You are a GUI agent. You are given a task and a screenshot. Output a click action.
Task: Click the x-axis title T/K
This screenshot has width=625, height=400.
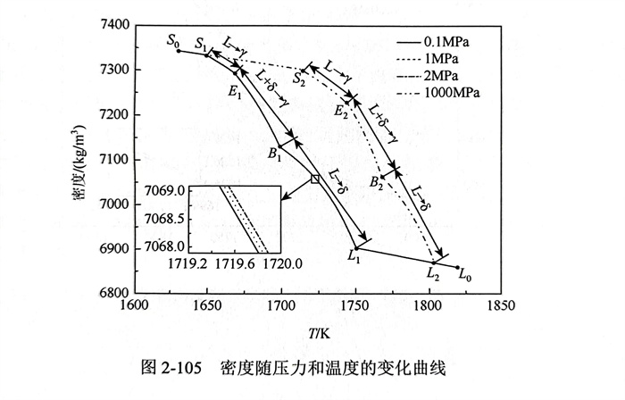(x=318, y=332)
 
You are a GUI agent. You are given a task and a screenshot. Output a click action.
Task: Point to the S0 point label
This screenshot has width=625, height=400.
(x=173, y=39)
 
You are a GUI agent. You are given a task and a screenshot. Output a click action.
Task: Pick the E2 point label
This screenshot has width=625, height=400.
(x=341, y=111)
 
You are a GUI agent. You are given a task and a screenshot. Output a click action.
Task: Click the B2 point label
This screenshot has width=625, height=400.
(x=377, y=183)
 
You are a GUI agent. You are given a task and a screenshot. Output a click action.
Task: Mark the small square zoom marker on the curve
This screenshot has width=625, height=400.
(x=315, y=179)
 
